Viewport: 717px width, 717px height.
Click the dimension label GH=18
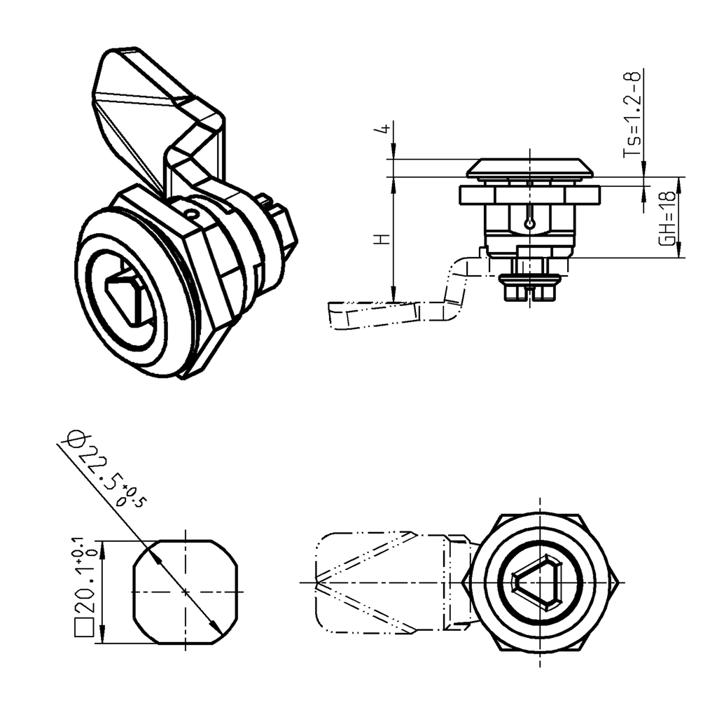click(669, 218)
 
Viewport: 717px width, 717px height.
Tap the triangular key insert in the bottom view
click(540, 583)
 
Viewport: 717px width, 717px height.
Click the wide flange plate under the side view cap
click(530, 195)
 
